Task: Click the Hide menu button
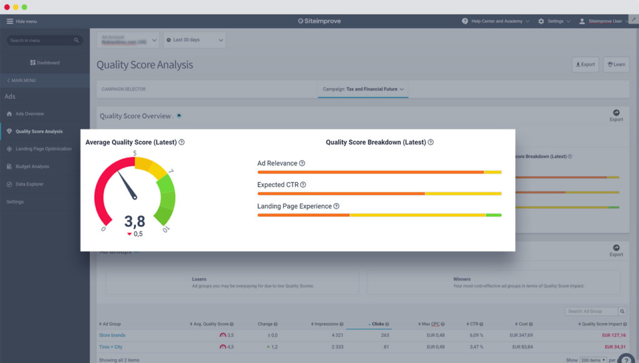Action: pyautogui.click(x=22, y=21)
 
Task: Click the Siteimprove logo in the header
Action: pyautogui.click(x=319, y=21)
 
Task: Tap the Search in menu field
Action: pyautogui.click(x=44, y=41)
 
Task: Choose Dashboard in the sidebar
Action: pyautogui.click(x=45, y=62)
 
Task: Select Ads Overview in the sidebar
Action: pyautogui.click(x=29, y=114)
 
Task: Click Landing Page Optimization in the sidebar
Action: pyautogui.click(x=43, y=149)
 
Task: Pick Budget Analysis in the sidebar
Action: pyautogui.click(x=32, y=166)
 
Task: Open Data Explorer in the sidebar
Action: pyautogui.click(x=29, y=184)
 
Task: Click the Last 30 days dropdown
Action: pyautogui.click(x=194, y=40)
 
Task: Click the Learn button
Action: pyautogui.click(x=616, y=64)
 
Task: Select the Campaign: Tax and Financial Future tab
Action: pyautogui.click(x=363, y=89)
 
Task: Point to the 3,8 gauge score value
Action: pyautogui.click(x=134, y=221)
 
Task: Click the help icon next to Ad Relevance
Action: pyautogui.click(x=302, y=163)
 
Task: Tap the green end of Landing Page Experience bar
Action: pyautogui.click(x=494, y=215)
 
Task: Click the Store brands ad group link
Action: pyautogui.click(x=112, y=336)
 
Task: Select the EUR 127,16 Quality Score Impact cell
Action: pyautogui.click(x=614, y=336)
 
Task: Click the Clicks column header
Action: pyautogui.click(x=378, y=324)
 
